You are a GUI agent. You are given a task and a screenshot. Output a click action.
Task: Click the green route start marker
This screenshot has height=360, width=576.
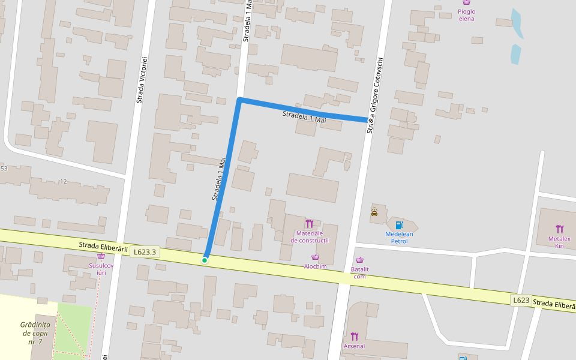coord(205,260)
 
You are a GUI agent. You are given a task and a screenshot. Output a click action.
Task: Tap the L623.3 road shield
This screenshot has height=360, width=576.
coord(145,252)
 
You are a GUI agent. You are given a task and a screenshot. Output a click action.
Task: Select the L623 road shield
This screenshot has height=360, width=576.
coord(521,299)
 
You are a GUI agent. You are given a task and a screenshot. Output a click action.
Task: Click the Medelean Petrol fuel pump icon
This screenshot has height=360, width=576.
coord(399,225)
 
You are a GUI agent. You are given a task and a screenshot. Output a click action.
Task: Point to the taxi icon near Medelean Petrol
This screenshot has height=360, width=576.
coord(374,212)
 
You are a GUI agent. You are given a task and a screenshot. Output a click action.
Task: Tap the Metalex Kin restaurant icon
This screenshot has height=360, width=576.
coord(560,229)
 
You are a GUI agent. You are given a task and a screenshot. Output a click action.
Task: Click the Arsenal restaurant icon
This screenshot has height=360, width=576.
coord(354,336)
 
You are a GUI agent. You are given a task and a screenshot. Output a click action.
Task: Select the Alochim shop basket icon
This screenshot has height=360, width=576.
coord(315,257)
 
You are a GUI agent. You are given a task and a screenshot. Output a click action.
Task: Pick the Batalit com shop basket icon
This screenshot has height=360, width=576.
coord(359,260)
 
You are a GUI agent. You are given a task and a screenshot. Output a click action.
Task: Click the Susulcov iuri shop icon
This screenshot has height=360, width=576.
coord(101,256)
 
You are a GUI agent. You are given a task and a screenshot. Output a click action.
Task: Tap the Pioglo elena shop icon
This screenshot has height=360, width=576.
coord(466,3)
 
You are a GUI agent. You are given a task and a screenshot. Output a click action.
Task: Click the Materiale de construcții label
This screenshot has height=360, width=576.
coord(310,236)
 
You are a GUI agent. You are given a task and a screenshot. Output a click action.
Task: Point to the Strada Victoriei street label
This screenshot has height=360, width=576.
coord(142,80)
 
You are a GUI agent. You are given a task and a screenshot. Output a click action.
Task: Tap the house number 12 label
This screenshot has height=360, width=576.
coord(64,181)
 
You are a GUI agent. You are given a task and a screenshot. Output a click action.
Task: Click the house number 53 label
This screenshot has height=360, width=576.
coord(4,169)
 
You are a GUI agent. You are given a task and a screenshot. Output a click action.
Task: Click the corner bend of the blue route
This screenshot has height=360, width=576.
coord(239,100)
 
